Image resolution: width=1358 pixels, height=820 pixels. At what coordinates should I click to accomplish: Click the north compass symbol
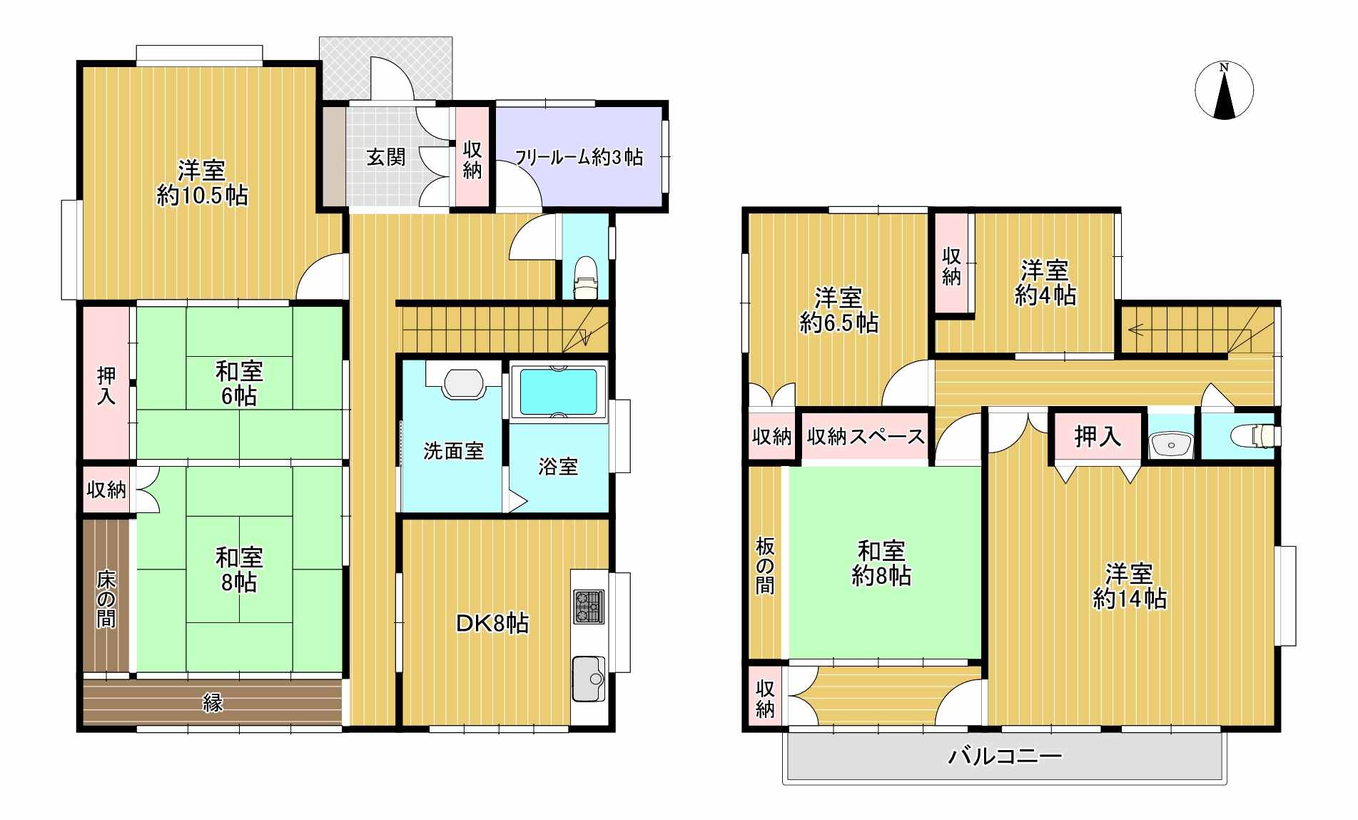click(x=1224, y=91)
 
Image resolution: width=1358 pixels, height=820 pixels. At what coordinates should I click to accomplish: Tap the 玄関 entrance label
click(x=387, y=157)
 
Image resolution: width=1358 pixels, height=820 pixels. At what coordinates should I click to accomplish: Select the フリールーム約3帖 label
click(x=579, y=157)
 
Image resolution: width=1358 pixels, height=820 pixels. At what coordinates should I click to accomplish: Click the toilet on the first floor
click(x=585, y=277)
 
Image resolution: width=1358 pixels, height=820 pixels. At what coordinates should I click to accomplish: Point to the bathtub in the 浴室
click(x=558, y=392)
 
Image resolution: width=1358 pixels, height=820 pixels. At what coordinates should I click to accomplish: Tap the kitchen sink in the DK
click(x=588, y=679)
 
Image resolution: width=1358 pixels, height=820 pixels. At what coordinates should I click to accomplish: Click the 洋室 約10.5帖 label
click(x=202, y=183)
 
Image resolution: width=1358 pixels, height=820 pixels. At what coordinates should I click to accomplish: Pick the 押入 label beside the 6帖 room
click(x=106, y=385)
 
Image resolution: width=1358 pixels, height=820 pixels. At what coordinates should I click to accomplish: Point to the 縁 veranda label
click(x=213, y=703)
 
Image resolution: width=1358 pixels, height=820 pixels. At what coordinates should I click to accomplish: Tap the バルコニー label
click(x=1005, y=756)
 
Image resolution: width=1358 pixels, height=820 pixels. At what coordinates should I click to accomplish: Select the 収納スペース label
click(x=865, y=436)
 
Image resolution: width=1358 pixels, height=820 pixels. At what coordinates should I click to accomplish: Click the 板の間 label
click(x=765, y=567)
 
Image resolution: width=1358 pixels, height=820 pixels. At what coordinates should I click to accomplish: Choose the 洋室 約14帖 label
click(x=1130, y=586)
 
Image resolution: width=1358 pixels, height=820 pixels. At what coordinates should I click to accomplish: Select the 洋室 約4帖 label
click(x=1045, y=283)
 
